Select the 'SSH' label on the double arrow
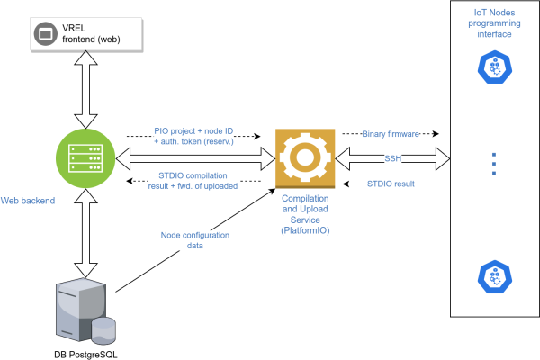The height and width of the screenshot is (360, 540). [393, 158]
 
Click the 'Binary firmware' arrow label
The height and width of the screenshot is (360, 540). [391, 133]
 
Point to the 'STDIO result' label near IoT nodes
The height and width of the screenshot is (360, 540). [391, 184]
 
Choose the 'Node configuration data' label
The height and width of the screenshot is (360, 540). [194, 241]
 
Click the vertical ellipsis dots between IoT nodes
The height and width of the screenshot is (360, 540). [493, 165]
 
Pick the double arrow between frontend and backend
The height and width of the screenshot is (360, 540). [83, 88]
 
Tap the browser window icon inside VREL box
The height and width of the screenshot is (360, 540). [42, 34]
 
